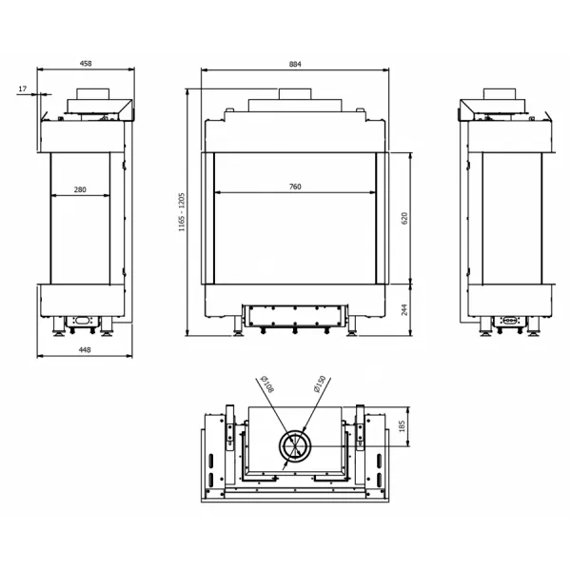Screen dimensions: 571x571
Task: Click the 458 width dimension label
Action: [x=86, y=64]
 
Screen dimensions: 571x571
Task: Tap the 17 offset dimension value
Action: [x=23, y=89]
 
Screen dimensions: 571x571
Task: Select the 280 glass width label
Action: [x=80, y=189]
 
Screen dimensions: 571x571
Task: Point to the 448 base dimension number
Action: [x=85, y=350]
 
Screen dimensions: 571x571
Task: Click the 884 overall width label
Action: [x=295, y=64]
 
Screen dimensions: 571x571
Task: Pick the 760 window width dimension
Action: [x=295, y=187]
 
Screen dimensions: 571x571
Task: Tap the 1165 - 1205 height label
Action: [x=182, y=212]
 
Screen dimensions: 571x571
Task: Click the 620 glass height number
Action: [x=404, y=218]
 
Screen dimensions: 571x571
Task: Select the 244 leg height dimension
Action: [x=404, y=310]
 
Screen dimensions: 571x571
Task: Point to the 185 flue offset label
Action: [x=402, y=426]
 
